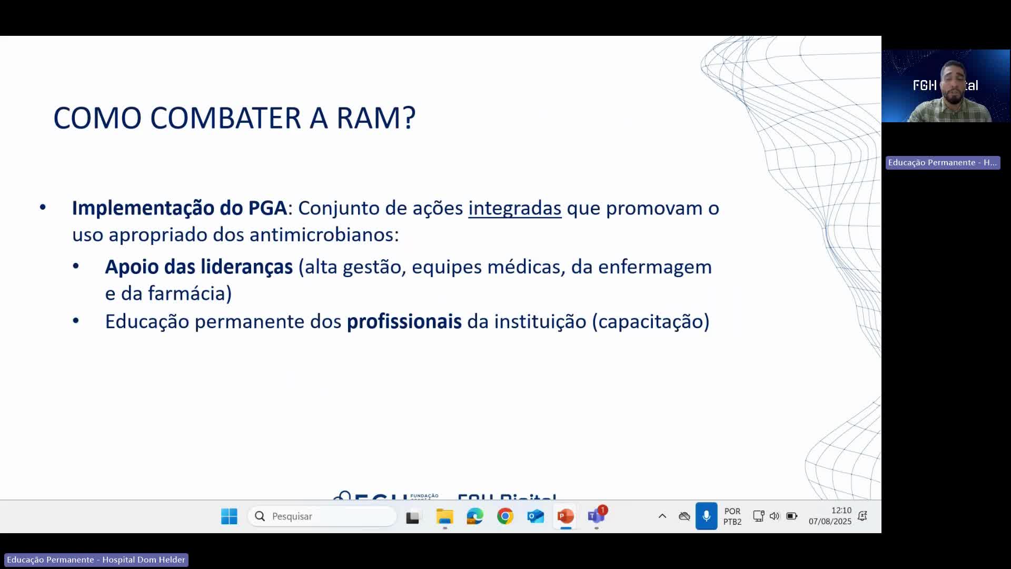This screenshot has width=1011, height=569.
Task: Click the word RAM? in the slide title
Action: pyautogui.click(x=375, y=117)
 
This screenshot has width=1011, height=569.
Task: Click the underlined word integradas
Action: pyautogui.click(x=514, y=208)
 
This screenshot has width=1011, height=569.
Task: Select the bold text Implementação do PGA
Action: pyautogui.click(x=180, y=208)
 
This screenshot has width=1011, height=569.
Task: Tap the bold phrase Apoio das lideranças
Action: pyautogui.click(x=199, y=267)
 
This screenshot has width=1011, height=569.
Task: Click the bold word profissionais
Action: pyautogui.click(x=404, y=321)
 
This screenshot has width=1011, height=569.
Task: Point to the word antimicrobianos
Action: pyautogui.click(x=324, y=234)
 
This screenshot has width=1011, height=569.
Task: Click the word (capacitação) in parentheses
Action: pyautogui.click(x=651, y=321)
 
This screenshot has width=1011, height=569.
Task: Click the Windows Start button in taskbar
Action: pyautogui.click(x=229, y=516)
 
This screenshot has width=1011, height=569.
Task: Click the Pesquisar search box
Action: pyautogui.click(x=322, y=516)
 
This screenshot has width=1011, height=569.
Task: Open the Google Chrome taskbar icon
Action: pyautogui.click(x=505, y=516)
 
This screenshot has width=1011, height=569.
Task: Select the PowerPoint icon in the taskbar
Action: pyautogui.click(x=566, y=516)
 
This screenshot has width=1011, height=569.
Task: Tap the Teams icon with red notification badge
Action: pyautogui.click(x=596, y=516)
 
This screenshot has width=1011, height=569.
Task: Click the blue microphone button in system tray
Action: pyautogui.click(x=706, y=516)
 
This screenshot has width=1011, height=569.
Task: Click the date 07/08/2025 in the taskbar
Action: pyautogui.click(x=830, y=522)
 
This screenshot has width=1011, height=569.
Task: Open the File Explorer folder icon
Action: pyautogui.click(x=444, y=516)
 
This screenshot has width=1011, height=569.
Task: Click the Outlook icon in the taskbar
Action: pyautogui.click(x=536, y=516)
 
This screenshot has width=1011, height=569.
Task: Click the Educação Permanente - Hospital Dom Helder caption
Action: pyautogui.click(x=96, y=560)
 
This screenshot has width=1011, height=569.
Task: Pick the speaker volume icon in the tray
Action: pyautogui.click(x=774, y=516)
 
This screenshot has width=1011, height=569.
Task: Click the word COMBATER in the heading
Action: pyautogui.click(x=226, y=117)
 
